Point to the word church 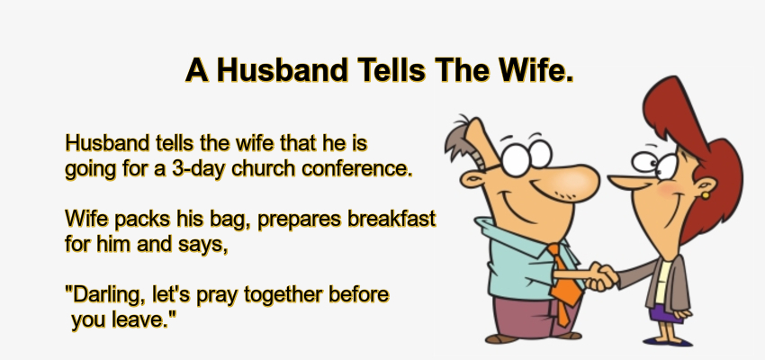point(262,168)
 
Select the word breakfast point(392,219)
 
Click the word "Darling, point(101,294)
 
